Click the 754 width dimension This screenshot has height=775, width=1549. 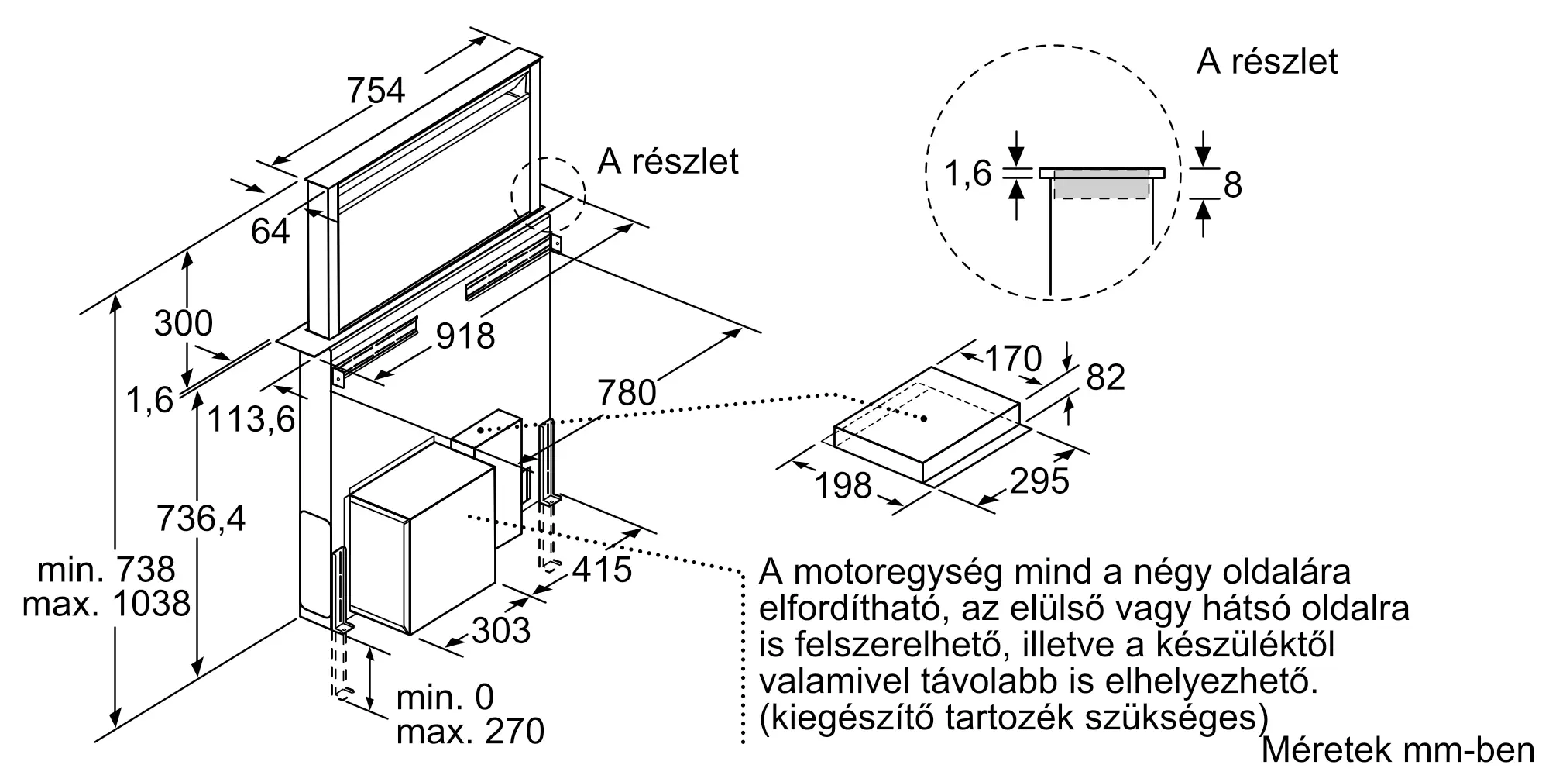[376, 91]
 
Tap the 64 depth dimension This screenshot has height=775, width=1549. [270, 231]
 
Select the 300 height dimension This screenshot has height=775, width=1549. [184, 323]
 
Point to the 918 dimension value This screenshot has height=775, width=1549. [465, 336]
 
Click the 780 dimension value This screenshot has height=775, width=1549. [627, 393]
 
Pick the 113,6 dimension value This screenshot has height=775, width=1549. [252, 421]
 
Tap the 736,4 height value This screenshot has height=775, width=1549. [201, 518]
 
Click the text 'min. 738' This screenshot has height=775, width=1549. [107, 570]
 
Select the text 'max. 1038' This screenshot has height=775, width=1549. [106, 604]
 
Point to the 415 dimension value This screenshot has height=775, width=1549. [603, 570]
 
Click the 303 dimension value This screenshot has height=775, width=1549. [501, 630]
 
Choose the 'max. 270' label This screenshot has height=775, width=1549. [470, 731]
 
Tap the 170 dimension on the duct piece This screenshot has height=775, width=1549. [1013, 359]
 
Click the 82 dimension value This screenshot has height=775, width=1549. [1105, 377]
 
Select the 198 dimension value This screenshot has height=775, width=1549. [843, 486]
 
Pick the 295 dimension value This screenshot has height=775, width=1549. [1039, 481]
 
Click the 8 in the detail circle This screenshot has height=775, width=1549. [1233, 185]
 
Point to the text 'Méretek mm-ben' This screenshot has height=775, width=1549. [1398, 749]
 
